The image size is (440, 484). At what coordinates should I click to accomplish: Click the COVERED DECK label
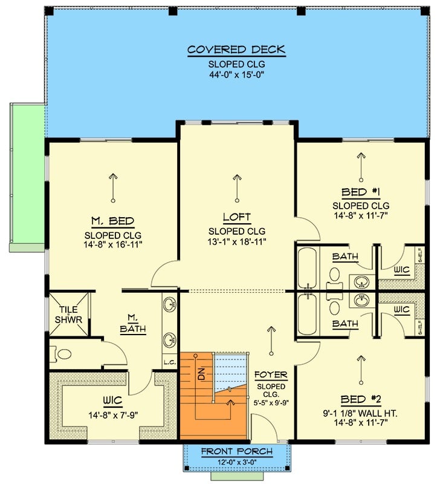[x=236, y=50]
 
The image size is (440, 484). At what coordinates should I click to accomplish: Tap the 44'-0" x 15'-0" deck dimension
[x=236, y=75]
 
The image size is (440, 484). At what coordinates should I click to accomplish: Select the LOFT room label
[x=236, y=217]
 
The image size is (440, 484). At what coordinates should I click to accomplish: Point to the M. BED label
[x=113, y=221]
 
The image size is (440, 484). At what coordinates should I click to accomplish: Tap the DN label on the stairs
[x=201, y=373]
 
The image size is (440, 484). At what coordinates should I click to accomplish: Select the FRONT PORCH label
[x=236, y=451]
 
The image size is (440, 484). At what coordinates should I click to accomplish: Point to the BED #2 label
[x=361, y=400]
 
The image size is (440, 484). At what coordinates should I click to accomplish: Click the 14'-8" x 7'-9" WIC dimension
[x=113, y=415]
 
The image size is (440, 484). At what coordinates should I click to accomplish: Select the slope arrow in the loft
[x=236, y=188]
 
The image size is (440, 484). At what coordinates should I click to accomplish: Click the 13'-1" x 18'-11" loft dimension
[x=236, y=241]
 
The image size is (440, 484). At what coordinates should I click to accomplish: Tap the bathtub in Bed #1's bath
[x=308, y=267]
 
